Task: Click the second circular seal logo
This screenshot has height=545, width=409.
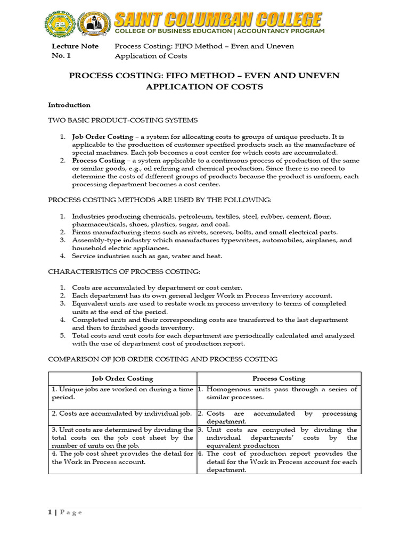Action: pyautogui.click(x=94, y=24)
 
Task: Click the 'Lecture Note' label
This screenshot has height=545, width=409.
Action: pyautogui.click(x=75, y=46)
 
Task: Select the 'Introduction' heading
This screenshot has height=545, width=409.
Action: pyautogui.click(x=69, y=105)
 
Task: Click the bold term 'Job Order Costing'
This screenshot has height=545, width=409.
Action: pyautogui.click(x=103, y=137)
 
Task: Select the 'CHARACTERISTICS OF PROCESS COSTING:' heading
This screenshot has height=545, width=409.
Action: pyautogui.click(x=124, y=272)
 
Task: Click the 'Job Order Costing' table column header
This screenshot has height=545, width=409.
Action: pyautogui.click(x=122, y=378)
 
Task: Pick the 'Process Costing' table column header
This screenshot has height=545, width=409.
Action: pyautogui.click(x=279, y=378)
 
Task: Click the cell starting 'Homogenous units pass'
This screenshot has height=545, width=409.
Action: pyautogui.click(x=277, y=393)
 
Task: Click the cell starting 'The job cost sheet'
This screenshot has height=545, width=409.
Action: pyautogui.click(x=122, y=458)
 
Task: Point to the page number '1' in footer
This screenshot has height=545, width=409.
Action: pyautogui.click(x=50, y=512)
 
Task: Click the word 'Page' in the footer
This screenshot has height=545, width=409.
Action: pyautogui.click(x=71, y=512)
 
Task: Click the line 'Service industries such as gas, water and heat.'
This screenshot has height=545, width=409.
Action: pyautogui.click(x=147, y=256)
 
